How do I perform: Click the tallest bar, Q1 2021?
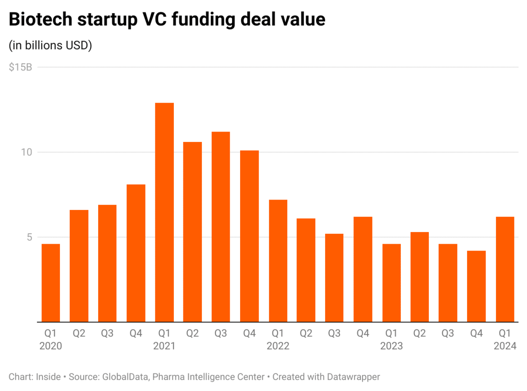(x=164, y=212)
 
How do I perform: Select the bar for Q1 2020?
(x=50, y=283)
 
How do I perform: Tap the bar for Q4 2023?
(x=477, y=286)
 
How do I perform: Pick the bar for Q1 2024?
(x=505, y=269)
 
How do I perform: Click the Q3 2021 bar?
(x=221, y=227)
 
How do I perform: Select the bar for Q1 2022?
(x=278, y=261)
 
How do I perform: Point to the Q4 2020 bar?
(x=136, y=253)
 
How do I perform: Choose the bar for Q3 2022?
(x=335, y=278)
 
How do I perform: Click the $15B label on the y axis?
(x=20, y=68)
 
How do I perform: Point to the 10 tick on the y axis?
(x=27, y=152)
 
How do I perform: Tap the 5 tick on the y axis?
(x=29, y=237)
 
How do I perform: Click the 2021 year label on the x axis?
(x=164, y=346)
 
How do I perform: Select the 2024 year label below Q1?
(x=505, y=346)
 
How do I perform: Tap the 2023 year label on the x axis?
(x=391, y=346)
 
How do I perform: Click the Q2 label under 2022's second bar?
(x=306, y=334)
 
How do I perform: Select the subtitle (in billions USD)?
(x=50, y=45)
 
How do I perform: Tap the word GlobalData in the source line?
(x=125, y=377)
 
